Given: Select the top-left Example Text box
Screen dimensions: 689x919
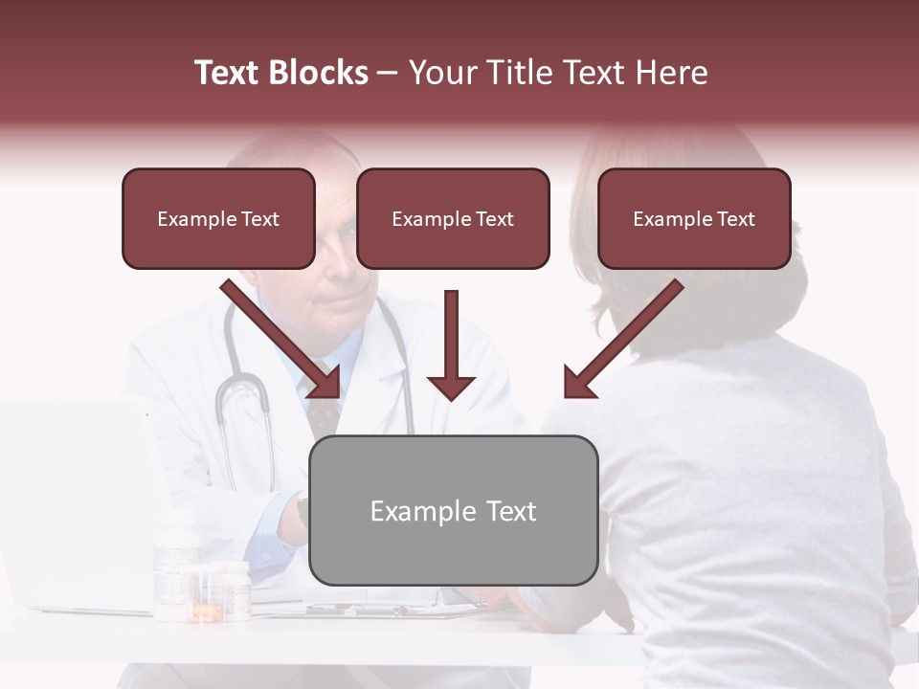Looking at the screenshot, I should coord(218,218).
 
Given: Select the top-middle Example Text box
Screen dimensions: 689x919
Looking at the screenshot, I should coord(453,218).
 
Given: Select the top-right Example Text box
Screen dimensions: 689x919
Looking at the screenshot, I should coord(694,218).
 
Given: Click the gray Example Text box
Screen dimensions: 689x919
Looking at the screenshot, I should coord(454,510).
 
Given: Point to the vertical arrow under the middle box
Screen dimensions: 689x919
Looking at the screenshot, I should coord(451,344).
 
